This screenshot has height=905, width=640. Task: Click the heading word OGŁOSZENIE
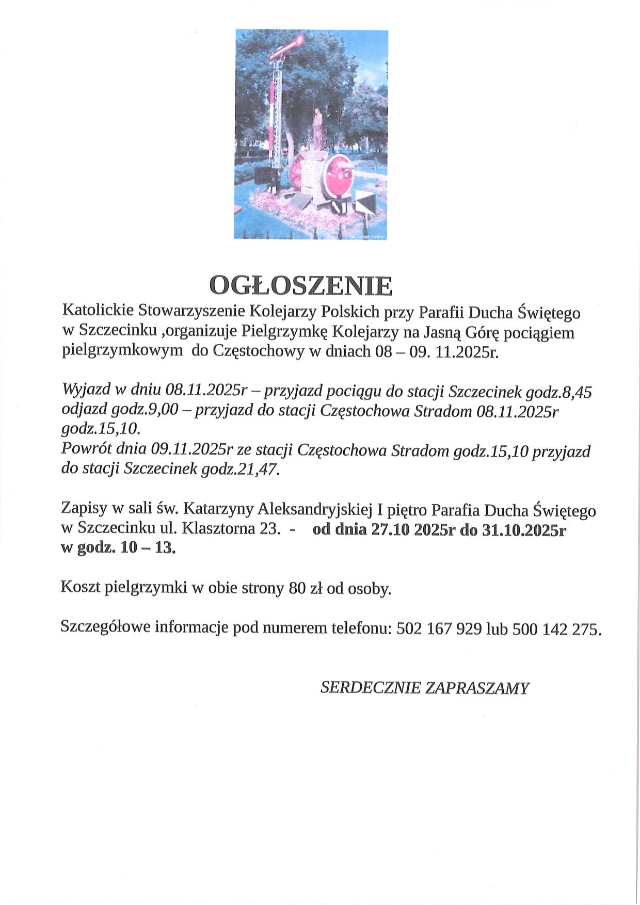tap(301, 285)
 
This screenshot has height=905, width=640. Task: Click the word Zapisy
tap(84, 509)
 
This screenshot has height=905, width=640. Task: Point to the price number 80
tap(298, 588)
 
